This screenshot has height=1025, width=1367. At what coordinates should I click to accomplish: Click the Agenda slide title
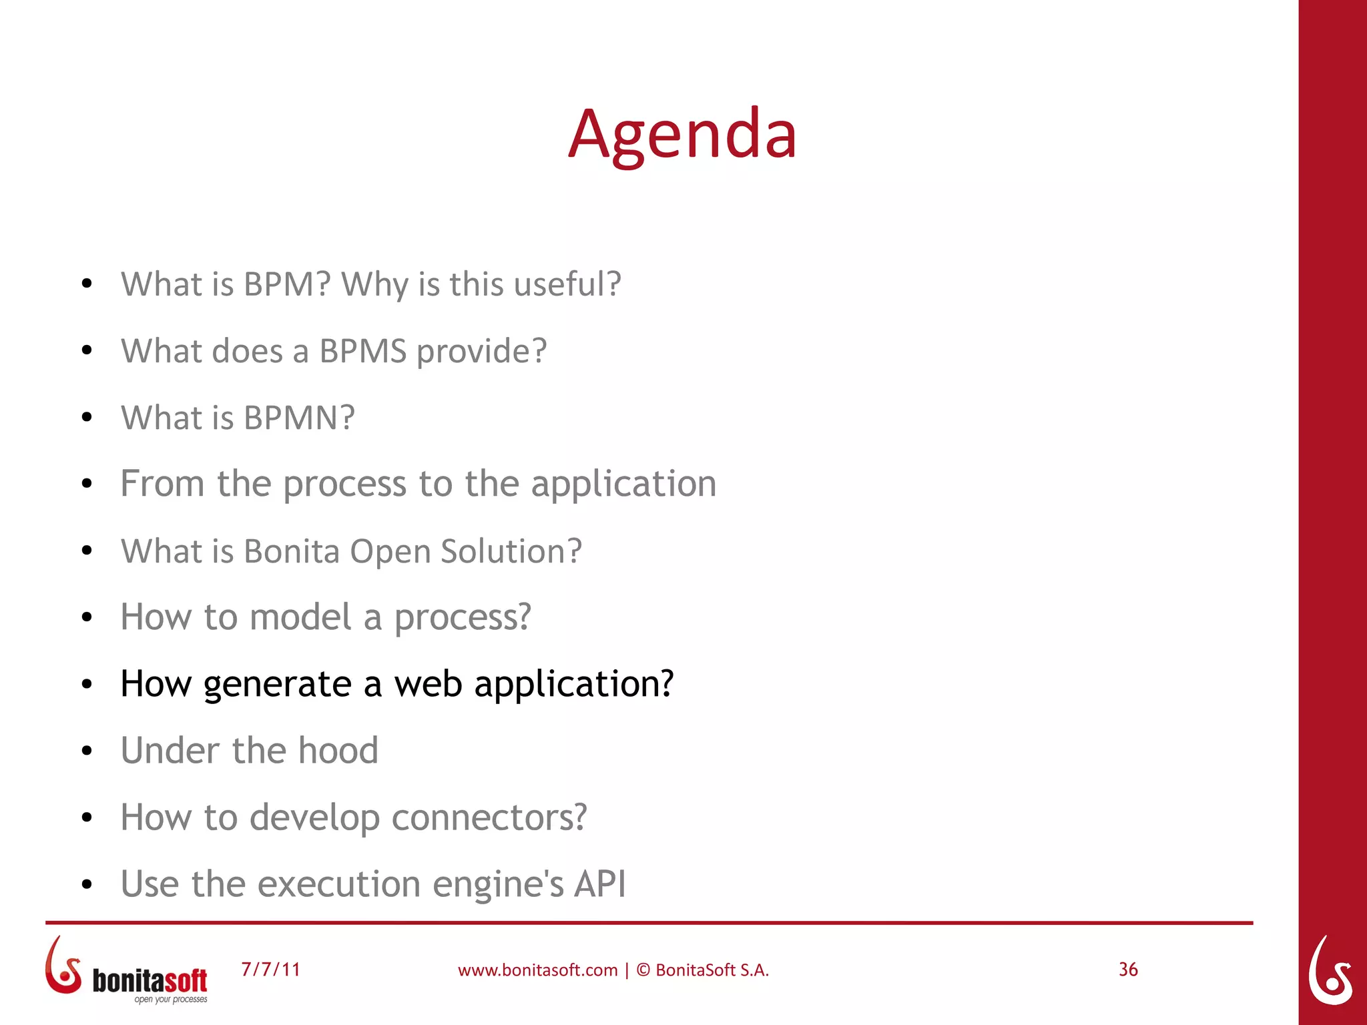pos(682,135)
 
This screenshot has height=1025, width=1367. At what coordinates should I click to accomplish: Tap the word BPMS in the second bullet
pos(362,351)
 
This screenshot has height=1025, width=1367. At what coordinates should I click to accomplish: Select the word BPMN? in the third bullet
pos(299,418)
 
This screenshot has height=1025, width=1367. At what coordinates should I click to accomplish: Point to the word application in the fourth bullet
pos(623,484)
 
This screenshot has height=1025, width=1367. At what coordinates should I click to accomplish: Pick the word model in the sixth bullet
pos(300,617)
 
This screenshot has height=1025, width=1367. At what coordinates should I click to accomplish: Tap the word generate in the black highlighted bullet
pos(277,685)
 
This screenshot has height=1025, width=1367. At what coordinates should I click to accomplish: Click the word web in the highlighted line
pos(428,685)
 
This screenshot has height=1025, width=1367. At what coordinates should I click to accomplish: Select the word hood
pos(338,751)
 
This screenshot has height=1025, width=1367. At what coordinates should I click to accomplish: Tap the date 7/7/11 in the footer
pos(270,970)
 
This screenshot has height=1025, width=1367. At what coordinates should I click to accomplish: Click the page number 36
pos(1128,970)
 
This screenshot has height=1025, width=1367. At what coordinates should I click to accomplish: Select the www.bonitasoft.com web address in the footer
pos(537,970)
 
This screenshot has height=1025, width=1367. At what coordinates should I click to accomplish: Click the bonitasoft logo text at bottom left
pos(150,980)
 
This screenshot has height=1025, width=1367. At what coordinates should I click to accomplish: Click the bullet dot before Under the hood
pos(86,751)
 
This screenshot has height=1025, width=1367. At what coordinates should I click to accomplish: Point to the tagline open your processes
pos(171,1000)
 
